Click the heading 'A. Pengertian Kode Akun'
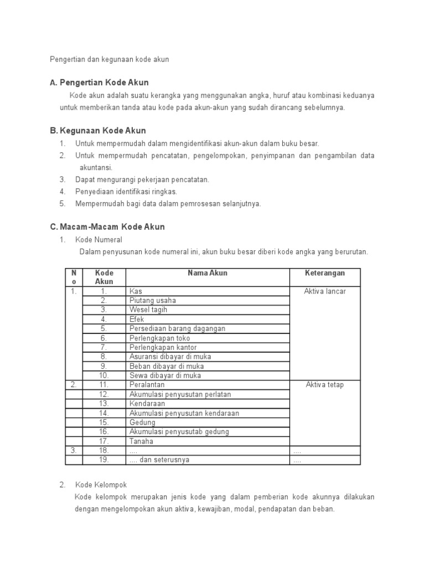click(99, 83)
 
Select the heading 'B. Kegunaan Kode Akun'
click(97, 131)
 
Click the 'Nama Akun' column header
click(208, 273)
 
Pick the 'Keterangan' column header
click(325, 273)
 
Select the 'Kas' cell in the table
click(136, 291)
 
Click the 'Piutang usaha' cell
click(153, 301)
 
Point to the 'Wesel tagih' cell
click(148, 310)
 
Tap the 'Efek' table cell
click(137, 319)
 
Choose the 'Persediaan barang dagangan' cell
click(177, 329)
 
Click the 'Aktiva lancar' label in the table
click(325, 291)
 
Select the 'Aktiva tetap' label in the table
click(325, 385)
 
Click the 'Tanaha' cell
click(141, 441)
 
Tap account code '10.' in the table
click(104, 375)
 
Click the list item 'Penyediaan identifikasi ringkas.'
click(126, 192)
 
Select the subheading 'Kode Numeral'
click(99, 240)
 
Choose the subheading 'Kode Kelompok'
click(100, 485)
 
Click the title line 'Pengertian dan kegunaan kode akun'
click(109, 59)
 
